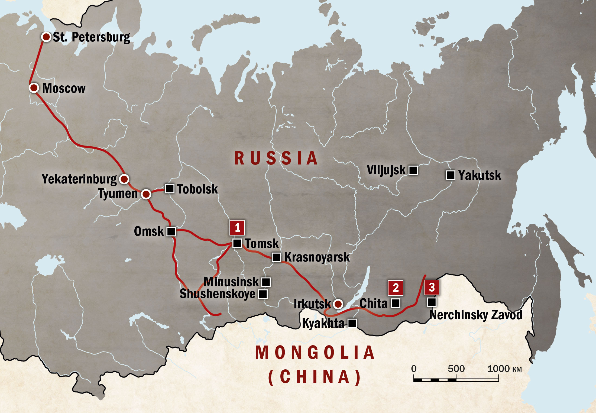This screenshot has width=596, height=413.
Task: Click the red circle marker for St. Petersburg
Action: pyautogui.click(x=46, y=37)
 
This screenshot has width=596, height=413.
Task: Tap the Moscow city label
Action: pyautogui.click(x=64, y=88)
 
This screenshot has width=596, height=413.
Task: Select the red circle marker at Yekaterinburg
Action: pyautogui.click(x=124, y=179)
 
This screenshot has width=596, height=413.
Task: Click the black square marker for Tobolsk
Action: pyautogui.click(x=170, y=188)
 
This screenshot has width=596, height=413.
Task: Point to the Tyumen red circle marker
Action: pyautogui.click(x=146, y=194)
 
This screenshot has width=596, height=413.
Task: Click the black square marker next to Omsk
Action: pyautogui.click(x=171, y=232)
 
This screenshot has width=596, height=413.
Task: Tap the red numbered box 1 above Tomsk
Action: pyautogui.click(x=237, y=228)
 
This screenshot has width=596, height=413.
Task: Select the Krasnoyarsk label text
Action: pyautogui.click(x=317, y=257)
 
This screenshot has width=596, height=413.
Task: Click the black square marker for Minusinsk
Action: pyautogui.click(x=266, y=282)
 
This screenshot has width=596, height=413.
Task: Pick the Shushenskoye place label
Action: pyautogui.click(x=217, y=294)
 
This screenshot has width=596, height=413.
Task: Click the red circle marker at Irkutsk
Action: pyautogui.click(x=338, y=304)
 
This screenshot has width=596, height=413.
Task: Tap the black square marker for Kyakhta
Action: pyautogui.click(x=352, y=323)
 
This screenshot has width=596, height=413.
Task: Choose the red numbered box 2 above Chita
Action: pyautogui.click(x=396, y=288)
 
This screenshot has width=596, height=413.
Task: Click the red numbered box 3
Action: pyautogui.click(x=432, y=287)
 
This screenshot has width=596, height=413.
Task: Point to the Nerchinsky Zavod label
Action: pyautogui.click(x=476, y=315)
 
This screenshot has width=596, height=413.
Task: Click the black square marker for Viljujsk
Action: pyautogui.click(x=413, y=170)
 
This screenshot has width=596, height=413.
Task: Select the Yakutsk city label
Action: pyautogui.click(x=480, y=175)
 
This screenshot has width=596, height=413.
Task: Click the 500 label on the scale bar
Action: pyautogui.click(x=456, y=369)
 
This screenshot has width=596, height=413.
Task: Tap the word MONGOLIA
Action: pyautogui.click(x=315, y=353)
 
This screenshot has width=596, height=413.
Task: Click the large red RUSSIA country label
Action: pyautogui.click(x=276, y=158)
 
